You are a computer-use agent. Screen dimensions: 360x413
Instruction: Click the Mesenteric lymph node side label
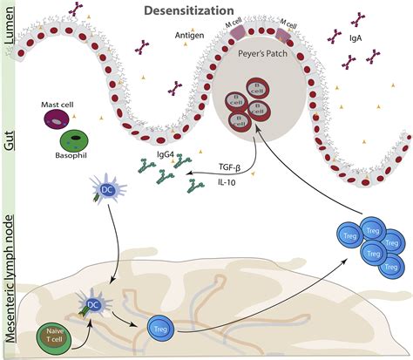pos(8,283)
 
